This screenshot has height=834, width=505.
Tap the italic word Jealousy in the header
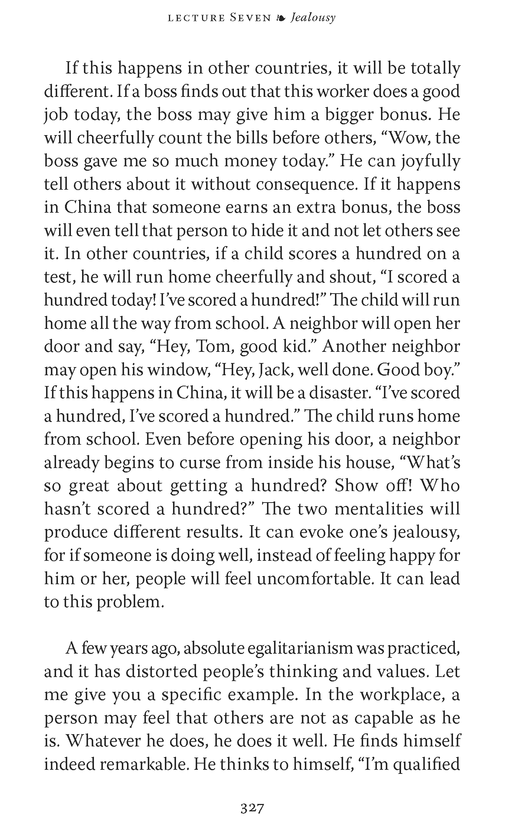[x=313, y=18]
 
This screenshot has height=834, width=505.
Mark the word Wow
[x=410, y=138]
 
